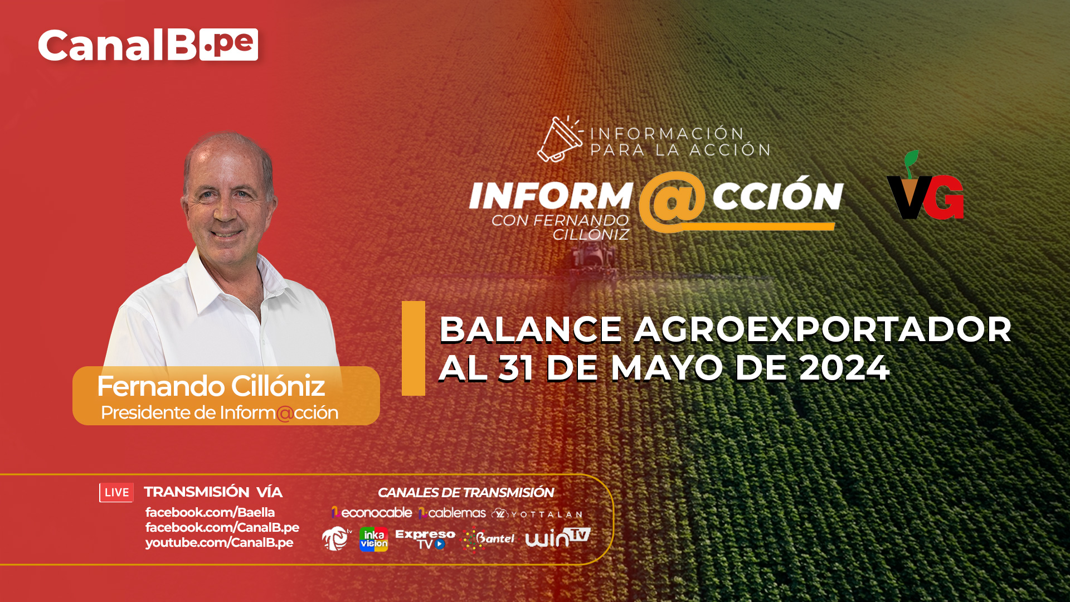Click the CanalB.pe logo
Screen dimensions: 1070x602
(x=148, y=45)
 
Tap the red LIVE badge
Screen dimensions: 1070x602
(x=116, y=492)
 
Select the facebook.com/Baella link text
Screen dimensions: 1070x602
(x=210, y=512)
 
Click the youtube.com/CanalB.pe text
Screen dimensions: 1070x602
(x=219, y=542)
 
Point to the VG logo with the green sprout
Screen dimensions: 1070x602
(x=925, y=185)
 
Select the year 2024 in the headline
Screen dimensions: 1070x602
(x=844, y=368)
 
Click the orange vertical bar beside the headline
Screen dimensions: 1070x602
(x=414, y=348)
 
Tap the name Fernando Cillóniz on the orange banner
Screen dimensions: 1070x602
(x=211, y=386)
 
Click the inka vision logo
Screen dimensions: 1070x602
(x=373, y=539)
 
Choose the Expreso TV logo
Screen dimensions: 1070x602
(x=425, y=539)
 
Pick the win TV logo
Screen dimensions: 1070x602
(x=557, y=537)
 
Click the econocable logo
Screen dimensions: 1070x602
(x=372, y=513)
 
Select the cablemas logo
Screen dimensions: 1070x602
(x=452, y=513)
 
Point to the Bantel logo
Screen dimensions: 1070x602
(x=489, y=539)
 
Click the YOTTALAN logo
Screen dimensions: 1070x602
(x=537, y=514)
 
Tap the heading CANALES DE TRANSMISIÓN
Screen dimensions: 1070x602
(x=466, y=492)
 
